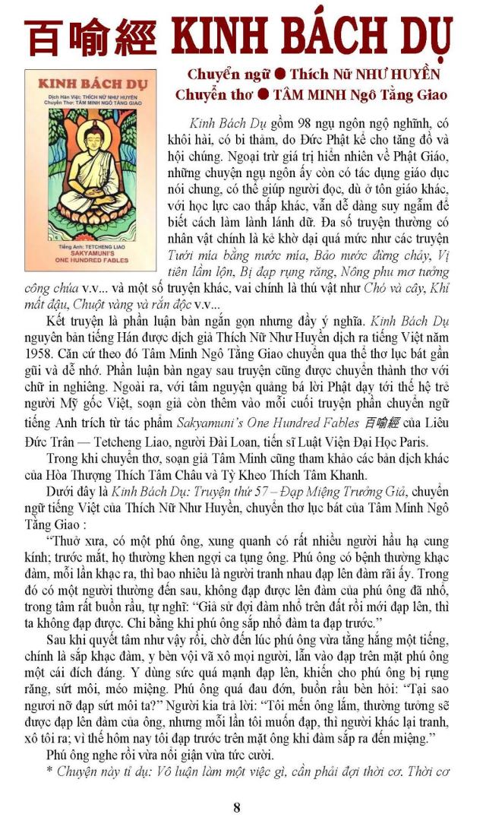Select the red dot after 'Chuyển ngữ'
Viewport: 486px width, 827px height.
[x=280, y=75]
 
